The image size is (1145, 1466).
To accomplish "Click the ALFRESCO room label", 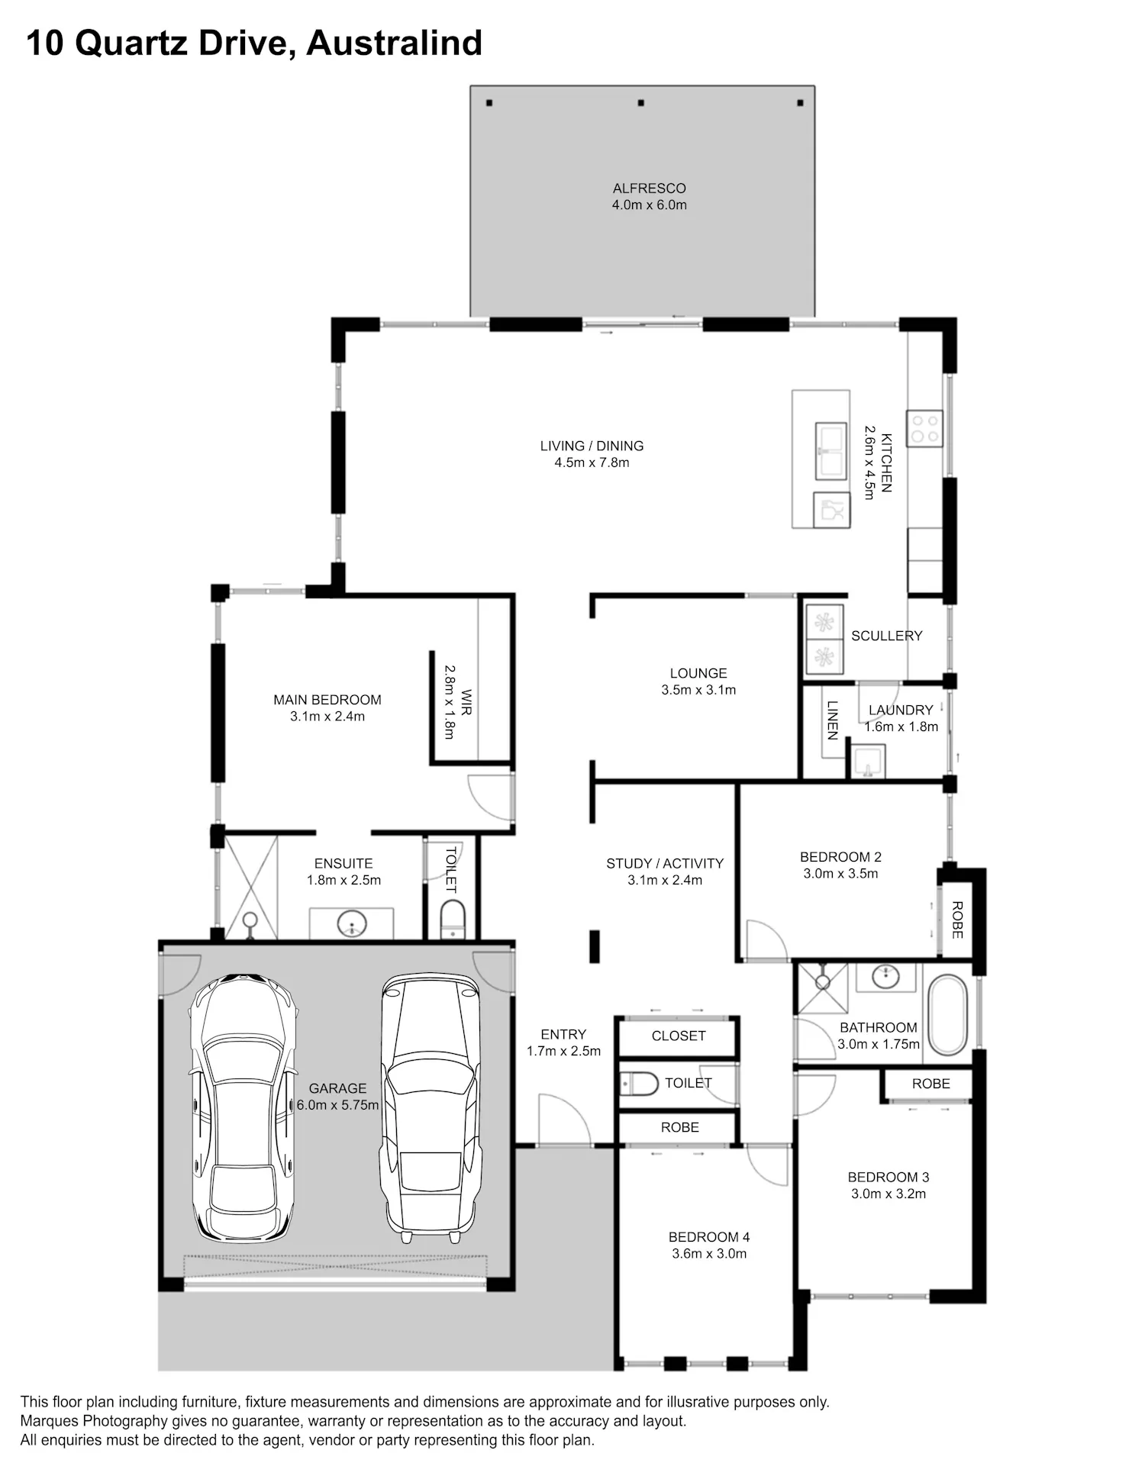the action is coord(649,188).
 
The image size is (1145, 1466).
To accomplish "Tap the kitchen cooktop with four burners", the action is coord(924,428).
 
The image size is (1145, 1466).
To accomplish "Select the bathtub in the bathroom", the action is coord(947,1015).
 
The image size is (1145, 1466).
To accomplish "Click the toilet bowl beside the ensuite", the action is coord(453,919).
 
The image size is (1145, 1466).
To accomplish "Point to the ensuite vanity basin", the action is coord(352,923).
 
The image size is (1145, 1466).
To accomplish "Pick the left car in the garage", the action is coord(244,1107).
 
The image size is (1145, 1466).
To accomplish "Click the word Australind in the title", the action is coord(394,43).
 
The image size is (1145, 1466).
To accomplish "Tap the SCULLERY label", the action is coord(886,636).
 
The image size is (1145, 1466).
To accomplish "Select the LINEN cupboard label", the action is coord(832,720).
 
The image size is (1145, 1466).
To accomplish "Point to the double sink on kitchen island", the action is coord(831,451).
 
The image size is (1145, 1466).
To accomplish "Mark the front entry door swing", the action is coord(564,1120).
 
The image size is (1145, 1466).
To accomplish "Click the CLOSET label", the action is coord(679,1036).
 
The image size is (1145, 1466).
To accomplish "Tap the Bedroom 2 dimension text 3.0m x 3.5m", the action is coord(840,874).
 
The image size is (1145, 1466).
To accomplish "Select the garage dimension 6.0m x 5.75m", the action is coord(338,1105).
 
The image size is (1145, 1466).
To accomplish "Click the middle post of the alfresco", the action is coord(641,103).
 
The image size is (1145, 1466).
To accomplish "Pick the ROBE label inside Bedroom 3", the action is coord(931,1084).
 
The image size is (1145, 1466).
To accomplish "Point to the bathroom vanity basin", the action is coord(885,976).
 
